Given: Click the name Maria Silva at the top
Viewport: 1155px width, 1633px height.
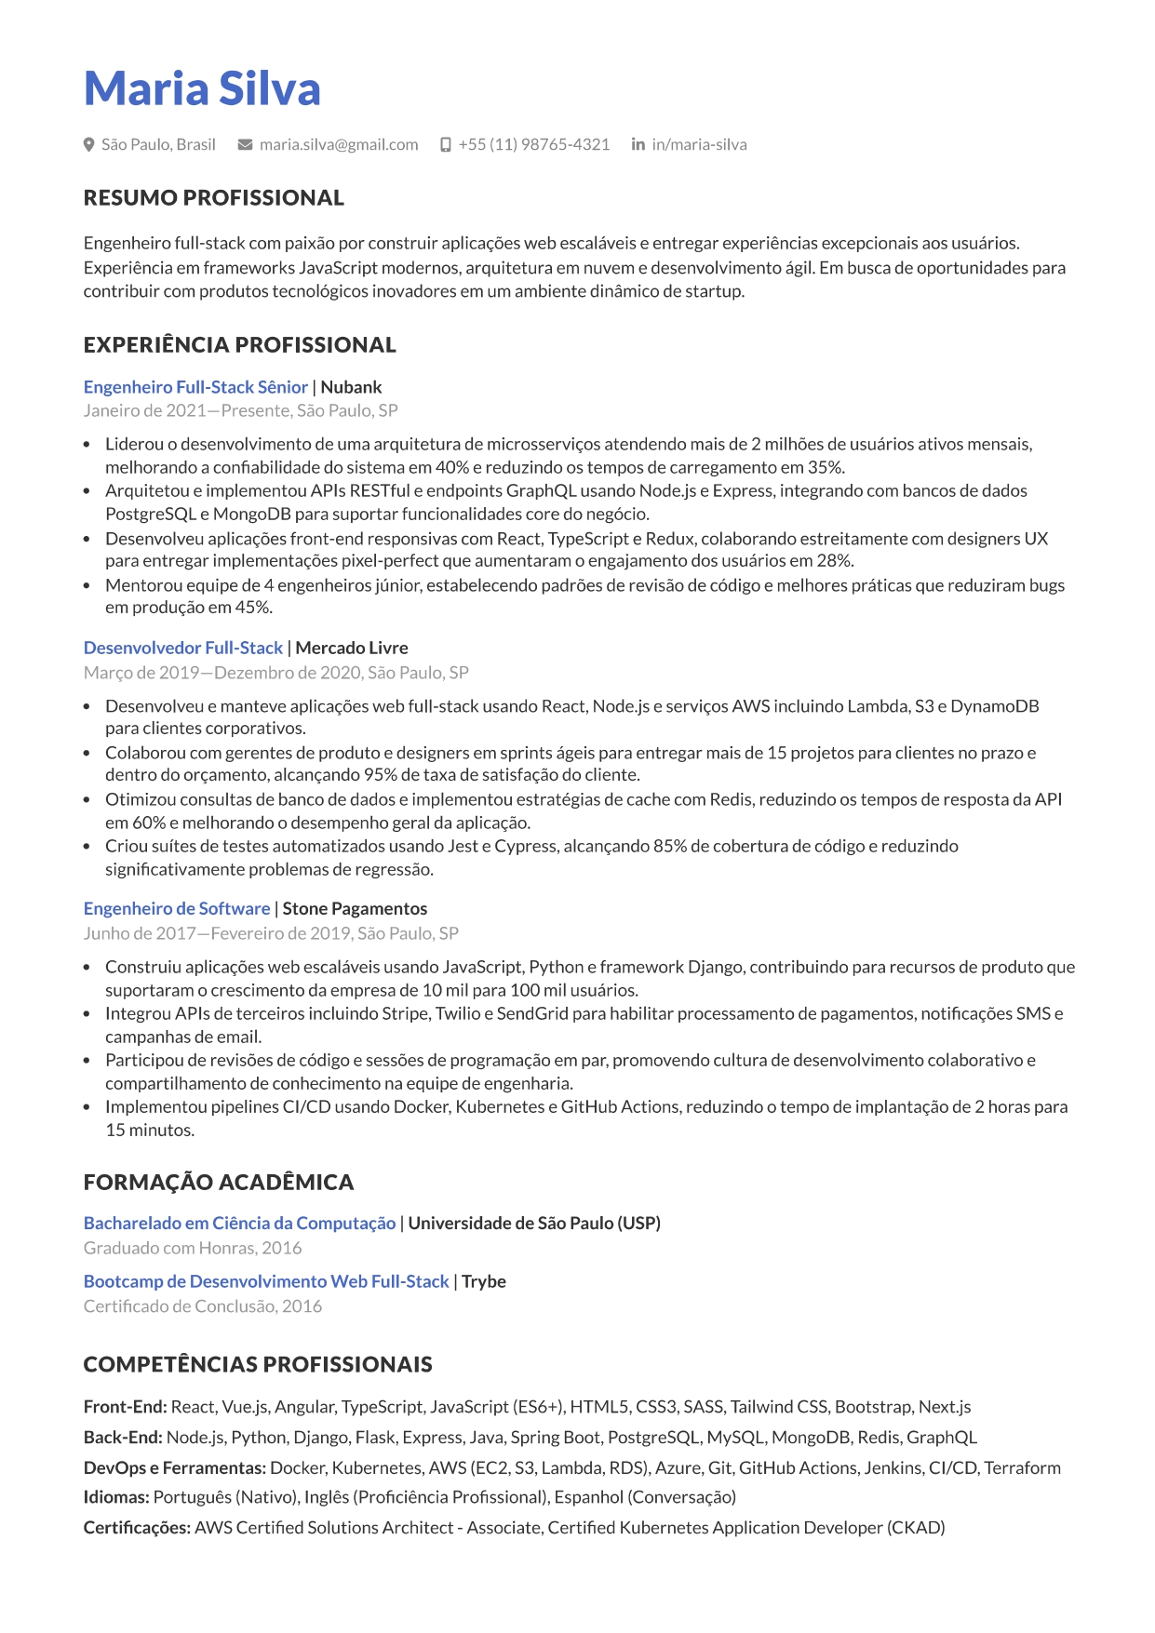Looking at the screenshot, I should tap(202, 88).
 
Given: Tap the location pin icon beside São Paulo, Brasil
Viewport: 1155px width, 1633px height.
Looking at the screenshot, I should tap(89, 144).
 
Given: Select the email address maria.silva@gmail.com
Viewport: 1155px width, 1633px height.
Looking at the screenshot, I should tap(339, 144).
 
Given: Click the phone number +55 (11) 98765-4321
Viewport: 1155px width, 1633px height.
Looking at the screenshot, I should tap(533, 144).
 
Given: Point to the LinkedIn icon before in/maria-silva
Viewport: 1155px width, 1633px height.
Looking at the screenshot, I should tap(638, 144).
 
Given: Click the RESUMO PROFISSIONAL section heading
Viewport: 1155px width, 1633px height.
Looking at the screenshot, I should tap(213, 197).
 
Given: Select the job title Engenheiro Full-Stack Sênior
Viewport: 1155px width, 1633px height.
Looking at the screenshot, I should tap(195, 387).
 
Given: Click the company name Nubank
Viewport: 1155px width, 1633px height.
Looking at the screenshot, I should tap(351, 387).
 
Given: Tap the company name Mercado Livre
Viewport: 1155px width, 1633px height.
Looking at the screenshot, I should tap(352, 648).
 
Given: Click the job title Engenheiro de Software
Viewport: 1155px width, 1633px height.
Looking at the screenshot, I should tap(177, 908).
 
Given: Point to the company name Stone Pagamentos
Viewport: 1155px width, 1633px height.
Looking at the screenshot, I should tap(355, 908).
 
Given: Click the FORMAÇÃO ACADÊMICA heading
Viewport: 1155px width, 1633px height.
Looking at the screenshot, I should tap(219, 1182).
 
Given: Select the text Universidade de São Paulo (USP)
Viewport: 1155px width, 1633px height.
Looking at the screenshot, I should tap(534, 1223).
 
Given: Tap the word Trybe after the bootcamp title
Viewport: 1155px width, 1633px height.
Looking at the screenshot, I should tap(484, 1281).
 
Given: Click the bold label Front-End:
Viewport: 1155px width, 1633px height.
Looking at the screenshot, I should tap(125, 1406).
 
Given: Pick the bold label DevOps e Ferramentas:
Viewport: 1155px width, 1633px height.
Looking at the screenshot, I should tap(175, 1467).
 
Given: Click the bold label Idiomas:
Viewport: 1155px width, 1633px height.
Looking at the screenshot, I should tap(116, 1497).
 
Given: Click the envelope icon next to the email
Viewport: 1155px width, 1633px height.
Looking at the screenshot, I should tap(246, 144).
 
